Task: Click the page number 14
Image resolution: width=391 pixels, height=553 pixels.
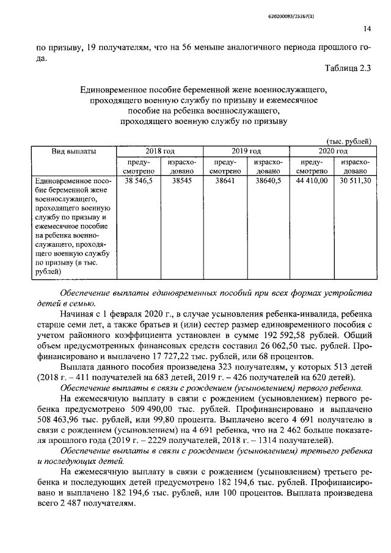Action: click(x=367, y=28)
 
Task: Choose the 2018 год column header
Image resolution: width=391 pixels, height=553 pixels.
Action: click(x=160, y=151)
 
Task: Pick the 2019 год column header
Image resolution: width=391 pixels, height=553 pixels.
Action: click(x=246, y=151)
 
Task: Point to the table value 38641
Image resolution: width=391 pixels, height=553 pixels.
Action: click(x=225, y=181)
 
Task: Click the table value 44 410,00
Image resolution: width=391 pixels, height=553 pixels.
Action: click(x=312, y=181)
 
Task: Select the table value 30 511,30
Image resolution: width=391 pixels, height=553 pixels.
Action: click(x=354, y=181)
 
